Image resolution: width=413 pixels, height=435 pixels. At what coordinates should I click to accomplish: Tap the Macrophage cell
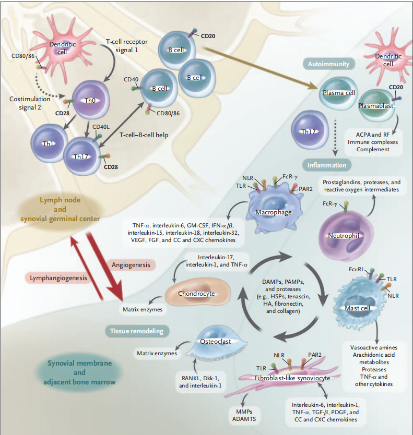273,211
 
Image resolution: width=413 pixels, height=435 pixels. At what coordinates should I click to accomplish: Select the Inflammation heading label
327,165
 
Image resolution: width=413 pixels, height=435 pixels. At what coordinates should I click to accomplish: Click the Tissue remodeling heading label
137,331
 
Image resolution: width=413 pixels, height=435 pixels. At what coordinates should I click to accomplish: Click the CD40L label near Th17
100,127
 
